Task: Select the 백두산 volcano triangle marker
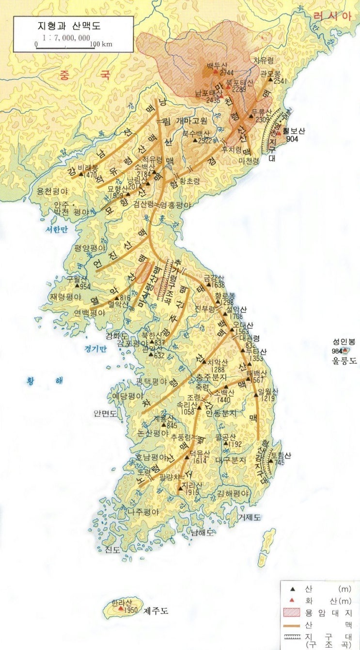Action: pos(215,72)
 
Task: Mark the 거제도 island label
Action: pos(250,517)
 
